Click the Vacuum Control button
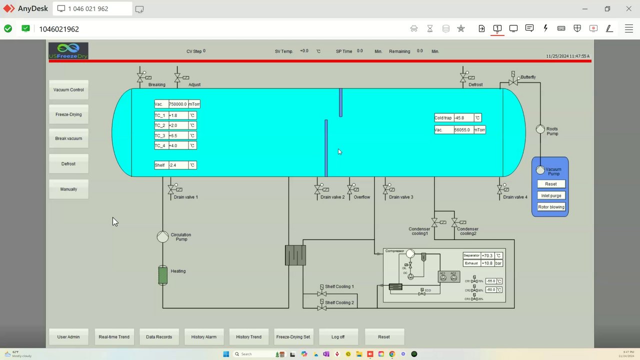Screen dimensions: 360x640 (x=68, y=90)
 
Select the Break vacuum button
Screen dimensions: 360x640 (x=68, y=138)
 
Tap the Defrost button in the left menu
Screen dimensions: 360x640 (x=68, y=164)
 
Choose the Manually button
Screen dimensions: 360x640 (x=68, y=189)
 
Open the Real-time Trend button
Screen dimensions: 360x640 (x=114, y=337)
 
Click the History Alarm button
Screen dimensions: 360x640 (x=204, y=337)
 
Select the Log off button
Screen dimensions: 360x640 (x=338, y=337)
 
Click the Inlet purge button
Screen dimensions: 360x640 (x=551, y=195)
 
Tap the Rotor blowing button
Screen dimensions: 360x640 (x=551, y=207)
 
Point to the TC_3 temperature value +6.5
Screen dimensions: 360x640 (x=178, y=135)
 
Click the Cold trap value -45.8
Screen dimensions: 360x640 (x=463, y=118)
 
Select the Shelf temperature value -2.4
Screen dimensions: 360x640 (x=178, y=165)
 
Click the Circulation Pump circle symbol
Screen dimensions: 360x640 (x=162, y=237)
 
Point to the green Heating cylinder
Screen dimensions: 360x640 (x=163, y=275)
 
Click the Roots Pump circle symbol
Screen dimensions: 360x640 (x=540, y=129)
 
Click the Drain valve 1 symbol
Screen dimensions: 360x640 (x=171, y=189)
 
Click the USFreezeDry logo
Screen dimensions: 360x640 (x=68, y=51)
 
